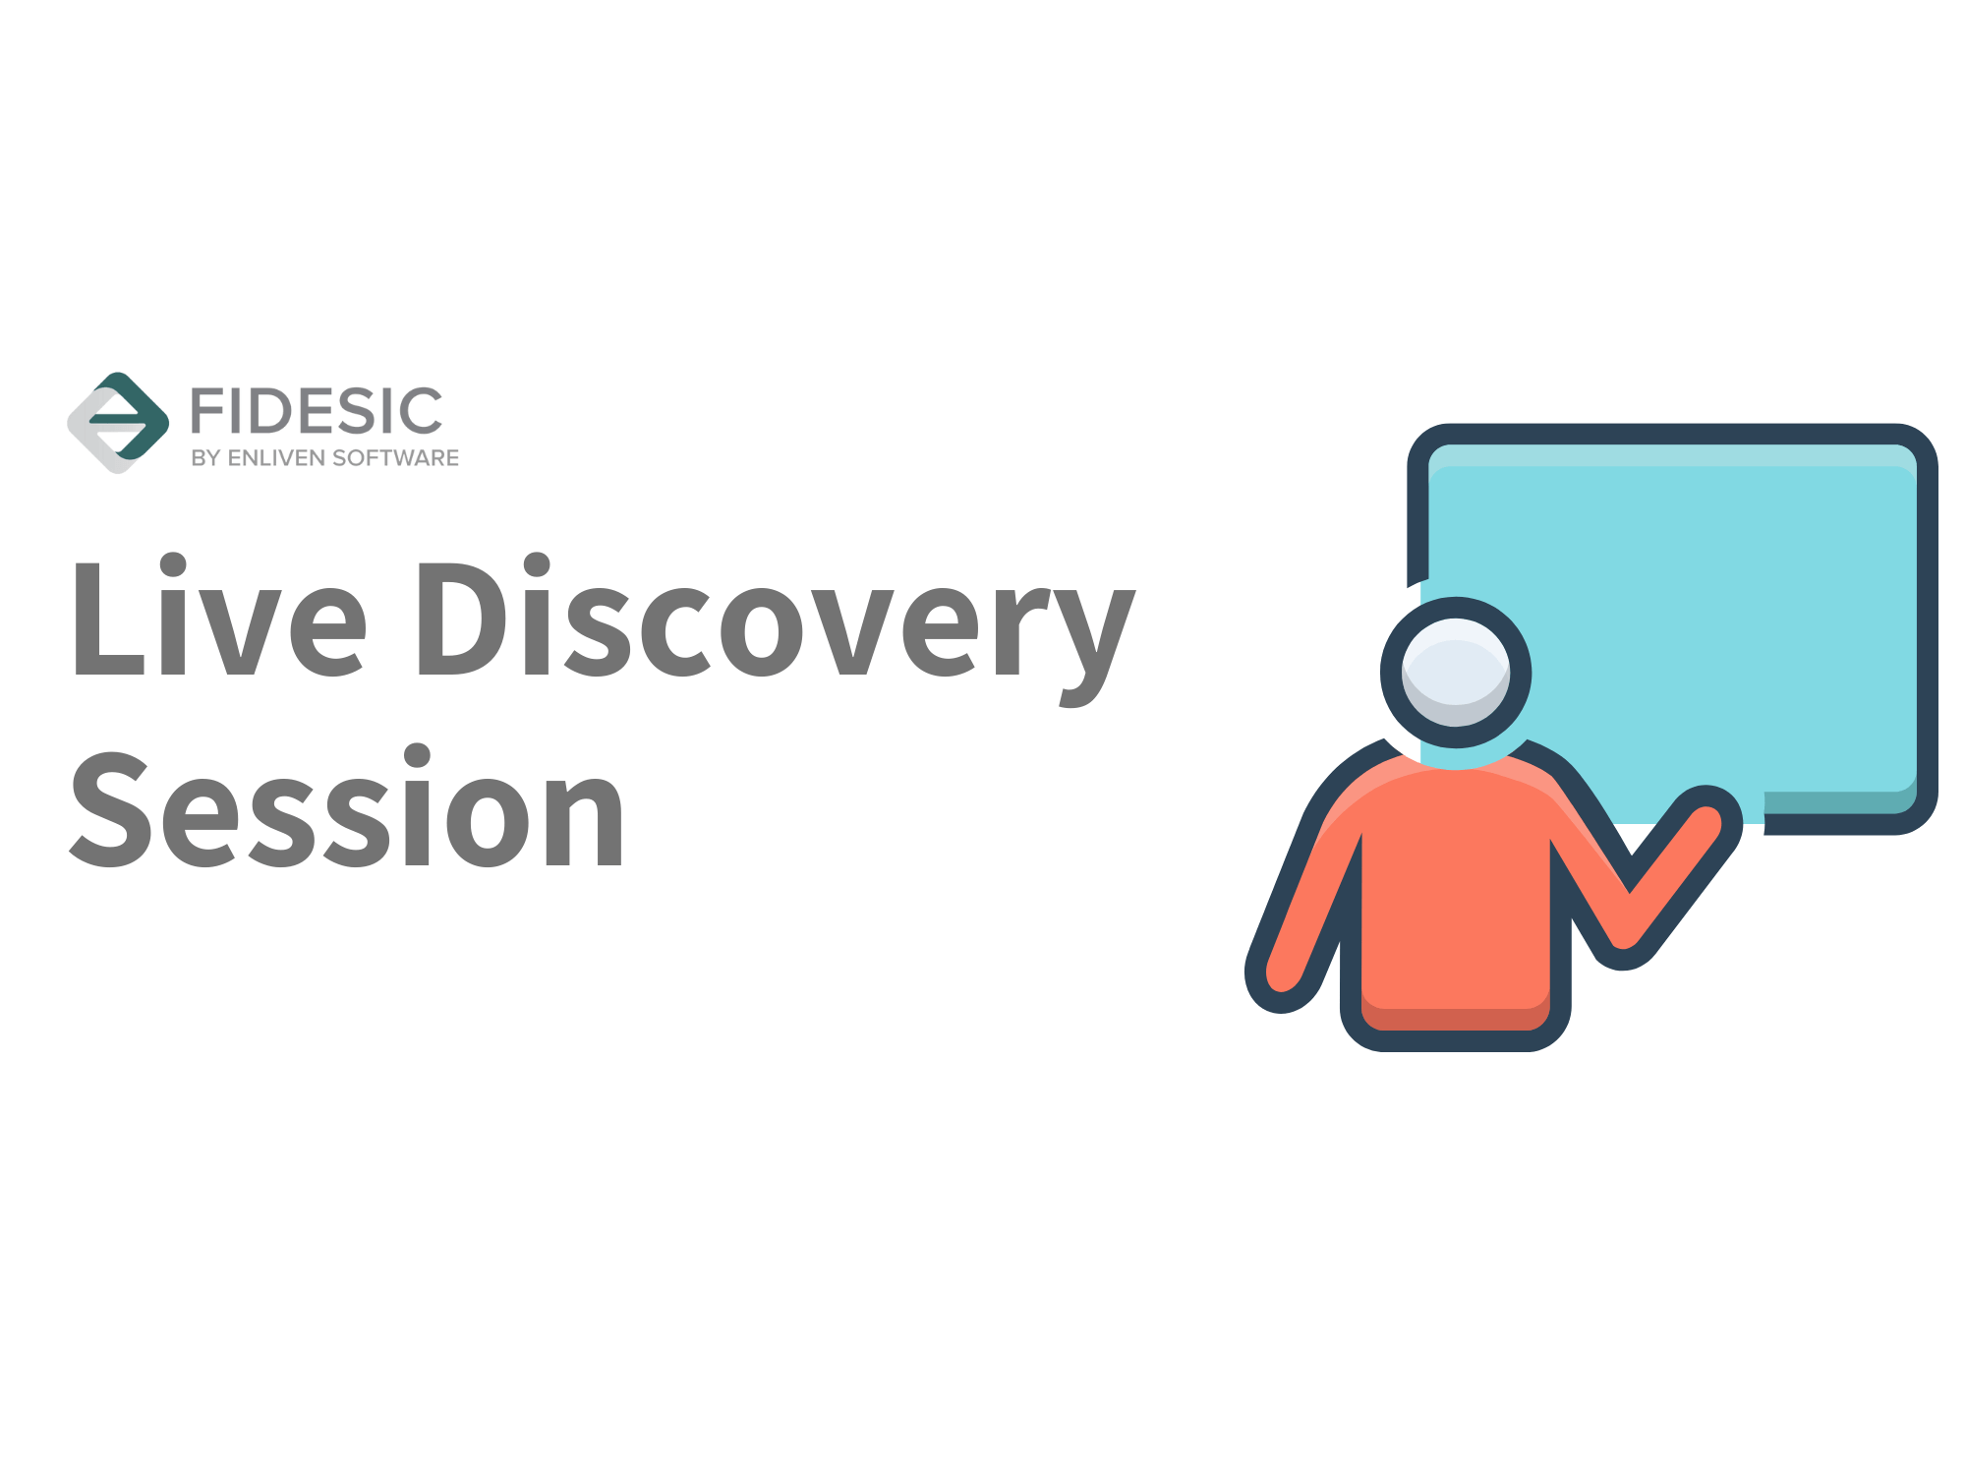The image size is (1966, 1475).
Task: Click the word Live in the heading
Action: coord(219,617)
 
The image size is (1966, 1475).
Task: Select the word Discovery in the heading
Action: coord(777,629)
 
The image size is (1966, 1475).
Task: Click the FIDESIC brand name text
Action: coord(317,411)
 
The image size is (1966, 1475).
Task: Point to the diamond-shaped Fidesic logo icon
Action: coord(118,423)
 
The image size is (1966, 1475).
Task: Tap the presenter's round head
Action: coord(1456,673)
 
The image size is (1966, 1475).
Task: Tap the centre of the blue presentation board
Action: coord(1671,629)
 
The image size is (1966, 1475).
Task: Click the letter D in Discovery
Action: coord(465,619)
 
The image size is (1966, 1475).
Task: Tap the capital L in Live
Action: coord(109,619)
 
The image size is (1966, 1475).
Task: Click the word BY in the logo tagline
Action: coord(205,458)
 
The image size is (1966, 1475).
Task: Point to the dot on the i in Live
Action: coord(173,565)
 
